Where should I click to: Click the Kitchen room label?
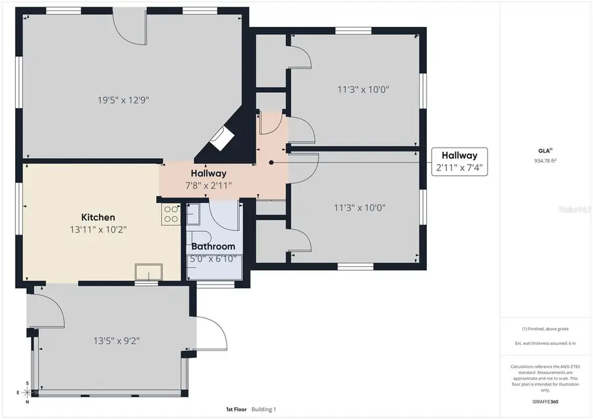(x=98, y=217)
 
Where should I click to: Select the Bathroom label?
(x=213, y=247)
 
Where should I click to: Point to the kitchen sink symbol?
(x=149, y=272)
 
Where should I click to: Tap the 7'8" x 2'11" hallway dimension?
(x=208, y=185)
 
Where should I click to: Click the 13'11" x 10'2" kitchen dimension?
(x=98, y=229)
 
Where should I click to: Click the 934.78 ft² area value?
(x=546, y=161)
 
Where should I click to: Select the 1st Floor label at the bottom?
(x=236, y=409)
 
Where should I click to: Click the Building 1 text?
(x=264, y=409)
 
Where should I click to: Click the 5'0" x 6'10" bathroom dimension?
(x=213, y=258)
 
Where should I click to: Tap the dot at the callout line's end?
(x=271, y=162)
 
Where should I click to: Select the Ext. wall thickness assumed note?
(x=546, y=344)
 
